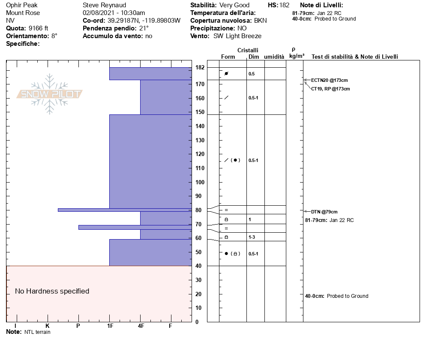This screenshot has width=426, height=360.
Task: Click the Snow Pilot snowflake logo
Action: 50,94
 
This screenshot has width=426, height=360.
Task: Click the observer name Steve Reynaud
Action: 104,5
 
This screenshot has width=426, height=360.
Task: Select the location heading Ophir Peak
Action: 21,5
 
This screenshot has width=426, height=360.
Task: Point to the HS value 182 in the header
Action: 284,5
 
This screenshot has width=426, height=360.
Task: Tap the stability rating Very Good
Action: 234,5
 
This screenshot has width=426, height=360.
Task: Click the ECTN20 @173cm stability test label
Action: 329,80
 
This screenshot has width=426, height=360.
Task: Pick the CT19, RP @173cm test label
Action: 330,89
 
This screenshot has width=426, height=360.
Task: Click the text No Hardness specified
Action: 52,291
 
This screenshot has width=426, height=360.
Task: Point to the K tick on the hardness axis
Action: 47,326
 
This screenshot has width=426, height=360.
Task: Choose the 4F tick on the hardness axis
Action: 141,326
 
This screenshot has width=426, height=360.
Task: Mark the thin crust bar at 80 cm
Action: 124,210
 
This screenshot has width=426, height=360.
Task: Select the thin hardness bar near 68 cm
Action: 135,227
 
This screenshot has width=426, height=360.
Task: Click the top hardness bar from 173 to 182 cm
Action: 150,74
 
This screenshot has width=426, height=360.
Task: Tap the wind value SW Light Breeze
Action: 237,36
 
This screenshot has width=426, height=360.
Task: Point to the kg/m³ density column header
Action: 297,56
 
